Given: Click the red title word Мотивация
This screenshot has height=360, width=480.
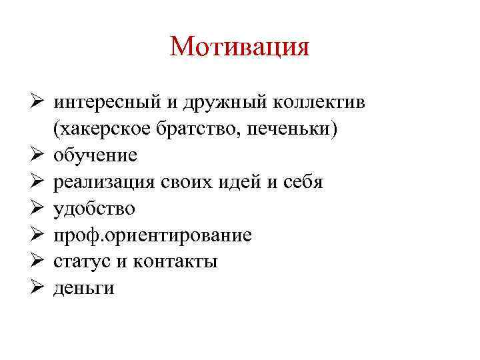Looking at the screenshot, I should (x=240, y=47).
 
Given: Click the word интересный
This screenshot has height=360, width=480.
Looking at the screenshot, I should (x=107, y=103).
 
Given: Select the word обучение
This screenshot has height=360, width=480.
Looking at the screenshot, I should (x=95, y=156).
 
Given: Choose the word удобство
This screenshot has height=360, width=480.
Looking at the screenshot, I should (x=94, y=209).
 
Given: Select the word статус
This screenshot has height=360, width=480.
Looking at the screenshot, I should (x=83, y=262).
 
